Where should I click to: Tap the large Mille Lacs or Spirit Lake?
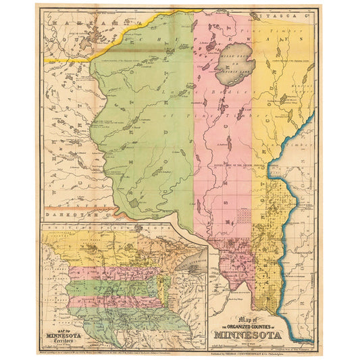tap(233, 61)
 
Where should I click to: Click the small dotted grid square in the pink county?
tap(240, 215)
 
